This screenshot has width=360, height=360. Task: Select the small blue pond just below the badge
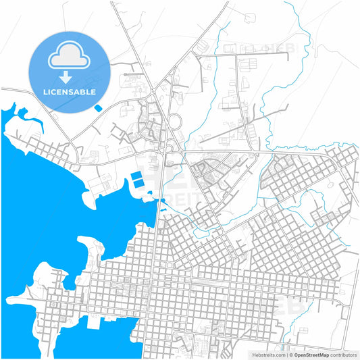click(x=99, y=107)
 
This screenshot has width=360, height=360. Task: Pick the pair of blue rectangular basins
click(x=137, y=180)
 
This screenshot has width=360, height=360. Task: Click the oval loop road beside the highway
click(x=175, y=122)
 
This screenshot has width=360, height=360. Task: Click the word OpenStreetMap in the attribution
click(x=315, y=354)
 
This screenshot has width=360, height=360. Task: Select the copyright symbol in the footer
click(x=290, y=354)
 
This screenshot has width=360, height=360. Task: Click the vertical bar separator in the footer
click(x=286, y=354)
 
